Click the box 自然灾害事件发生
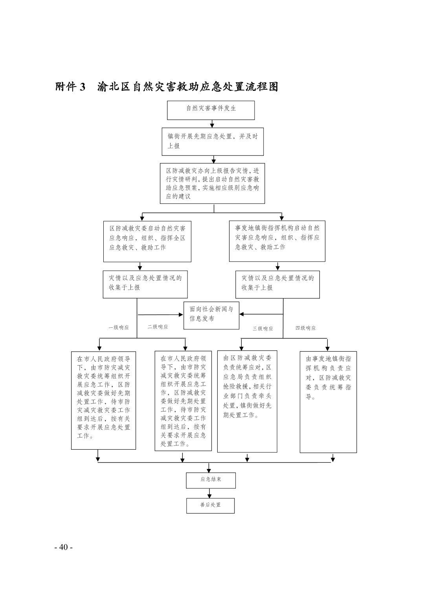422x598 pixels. point(211,110)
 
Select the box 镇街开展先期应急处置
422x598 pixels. point(213,141)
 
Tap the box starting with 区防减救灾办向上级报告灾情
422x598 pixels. point(212,183)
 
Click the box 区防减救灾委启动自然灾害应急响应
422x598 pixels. point(147,241)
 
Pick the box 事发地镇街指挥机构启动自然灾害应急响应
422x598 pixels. point(277,241)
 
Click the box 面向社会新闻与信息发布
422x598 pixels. point(211,315)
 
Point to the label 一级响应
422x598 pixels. point(118,327)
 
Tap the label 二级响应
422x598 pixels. point(158,327)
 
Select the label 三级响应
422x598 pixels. point(262,329)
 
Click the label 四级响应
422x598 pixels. point(305,328)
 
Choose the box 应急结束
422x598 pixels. point(211,480)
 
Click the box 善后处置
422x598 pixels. point(210,506)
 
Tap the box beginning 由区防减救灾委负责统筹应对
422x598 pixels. point(247,401)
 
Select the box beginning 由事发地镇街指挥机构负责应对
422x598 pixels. point(328,402)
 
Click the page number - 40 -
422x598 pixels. point(64,547)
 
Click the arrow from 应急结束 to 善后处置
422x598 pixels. point(210,493)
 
